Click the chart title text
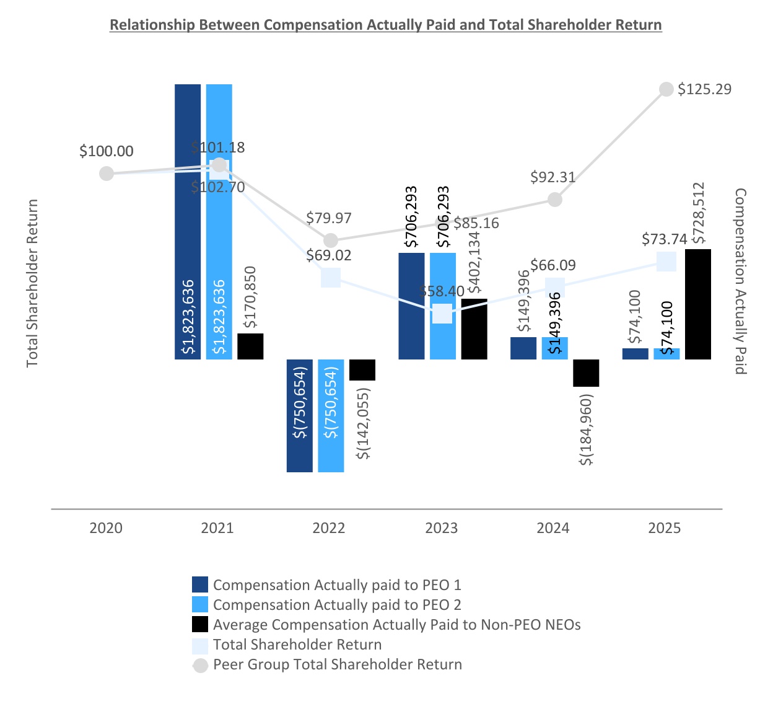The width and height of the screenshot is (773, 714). point(385,25)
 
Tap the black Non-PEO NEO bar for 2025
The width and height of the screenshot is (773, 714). point(698,304)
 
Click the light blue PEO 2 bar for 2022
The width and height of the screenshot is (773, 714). point(331,415)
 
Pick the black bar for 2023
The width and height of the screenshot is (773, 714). point(474,328)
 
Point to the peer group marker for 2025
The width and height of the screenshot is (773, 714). point(666,89)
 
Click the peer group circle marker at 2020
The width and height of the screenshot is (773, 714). point(107,174)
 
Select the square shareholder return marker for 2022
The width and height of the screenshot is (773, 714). point(331,277)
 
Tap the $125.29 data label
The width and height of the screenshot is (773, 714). point(704,89)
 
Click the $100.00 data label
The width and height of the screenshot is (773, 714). point(107,151)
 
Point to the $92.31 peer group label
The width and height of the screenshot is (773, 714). point(553,177)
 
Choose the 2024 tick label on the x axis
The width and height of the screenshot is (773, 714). point(553,528)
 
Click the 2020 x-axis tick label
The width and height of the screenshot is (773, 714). point(106,528)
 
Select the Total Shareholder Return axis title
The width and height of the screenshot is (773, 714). point(32,283)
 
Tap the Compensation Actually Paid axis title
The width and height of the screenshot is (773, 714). point(741,281)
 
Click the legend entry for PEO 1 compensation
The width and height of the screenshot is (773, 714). point(337,585)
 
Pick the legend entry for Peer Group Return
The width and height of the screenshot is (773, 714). point(337,664)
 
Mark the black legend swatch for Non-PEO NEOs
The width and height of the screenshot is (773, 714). point(200,625)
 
